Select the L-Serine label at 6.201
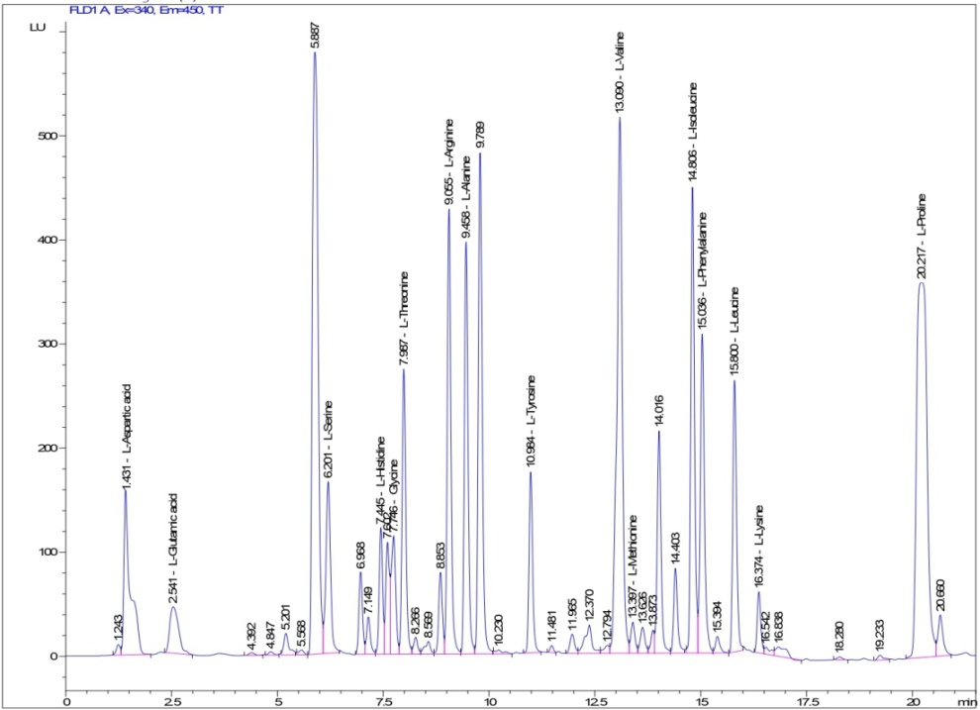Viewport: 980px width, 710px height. (x=328, y=437)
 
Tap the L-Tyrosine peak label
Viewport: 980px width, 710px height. (x=531, y=421)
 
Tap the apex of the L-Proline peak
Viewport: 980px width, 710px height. (x=921, y=284)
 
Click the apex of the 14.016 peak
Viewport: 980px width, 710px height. (x=658, y=432)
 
